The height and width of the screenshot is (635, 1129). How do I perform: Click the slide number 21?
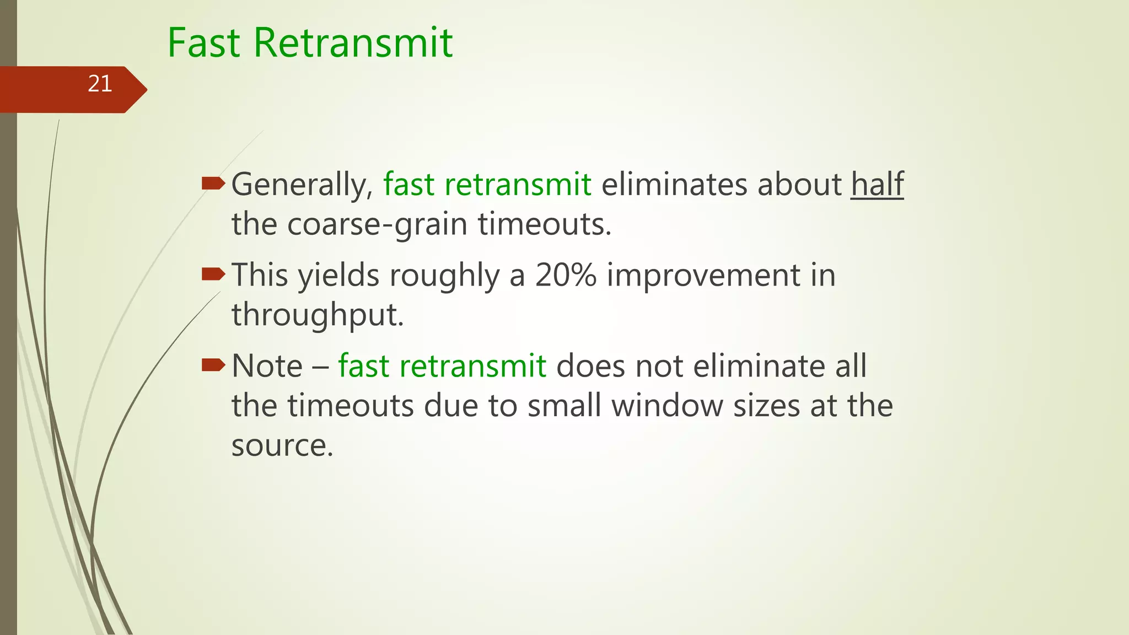[x=100, y=84]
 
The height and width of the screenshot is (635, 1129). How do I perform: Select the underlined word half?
[x=877, y=184]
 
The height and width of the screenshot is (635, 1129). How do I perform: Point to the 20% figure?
[x=566, y=275]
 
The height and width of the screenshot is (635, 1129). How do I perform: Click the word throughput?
[x=318, y=315]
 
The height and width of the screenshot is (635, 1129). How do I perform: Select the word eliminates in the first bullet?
[x=675, y=184]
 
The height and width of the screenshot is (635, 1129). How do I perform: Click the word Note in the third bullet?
[x=267, y=366]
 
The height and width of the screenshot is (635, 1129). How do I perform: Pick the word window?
[x=668, y=406]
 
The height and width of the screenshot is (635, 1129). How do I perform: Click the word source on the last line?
[x=282, y=445]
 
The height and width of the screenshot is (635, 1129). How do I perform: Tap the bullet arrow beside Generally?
[x=213, y=183]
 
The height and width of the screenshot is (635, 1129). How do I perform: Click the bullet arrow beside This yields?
[x=213, y=273]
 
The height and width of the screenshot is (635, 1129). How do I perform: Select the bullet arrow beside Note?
[x=213, y=364]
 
